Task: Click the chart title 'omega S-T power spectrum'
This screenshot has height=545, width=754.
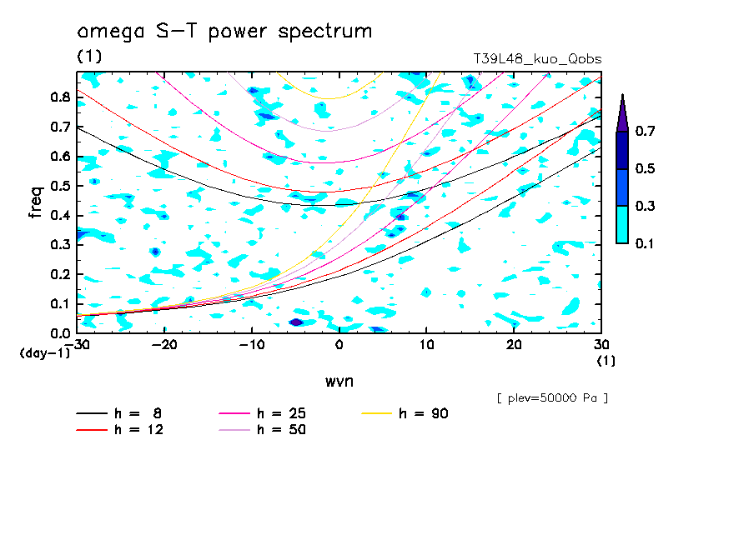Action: (224, 32)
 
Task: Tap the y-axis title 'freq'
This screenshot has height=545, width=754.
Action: (35, 202)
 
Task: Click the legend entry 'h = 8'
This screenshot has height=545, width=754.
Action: (130, 413)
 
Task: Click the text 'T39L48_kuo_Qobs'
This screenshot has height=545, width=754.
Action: (537, 58)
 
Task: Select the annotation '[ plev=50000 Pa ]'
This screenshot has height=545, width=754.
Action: (552, 398)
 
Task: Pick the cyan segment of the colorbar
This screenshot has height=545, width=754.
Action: (622, 224)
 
